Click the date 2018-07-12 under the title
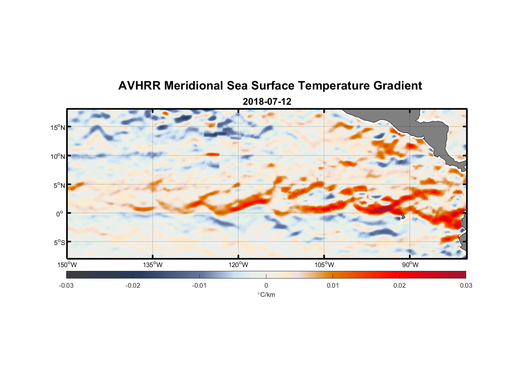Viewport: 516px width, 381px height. (267, 102)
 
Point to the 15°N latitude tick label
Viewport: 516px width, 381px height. (58, 127)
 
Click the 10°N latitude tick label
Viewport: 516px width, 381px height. (58, 156)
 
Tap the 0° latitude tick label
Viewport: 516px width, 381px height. (60, 214)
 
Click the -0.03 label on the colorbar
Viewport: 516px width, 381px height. (66, 286)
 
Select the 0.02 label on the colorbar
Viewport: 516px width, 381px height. (400, 286)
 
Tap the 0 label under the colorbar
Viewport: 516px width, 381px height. (266, 286)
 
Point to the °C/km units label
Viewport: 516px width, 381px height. (266, 295)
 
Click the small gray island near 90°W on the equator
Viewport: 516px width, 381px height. (403, 216)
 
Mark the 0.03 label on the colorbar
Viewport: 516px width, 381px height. (466, 286)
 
